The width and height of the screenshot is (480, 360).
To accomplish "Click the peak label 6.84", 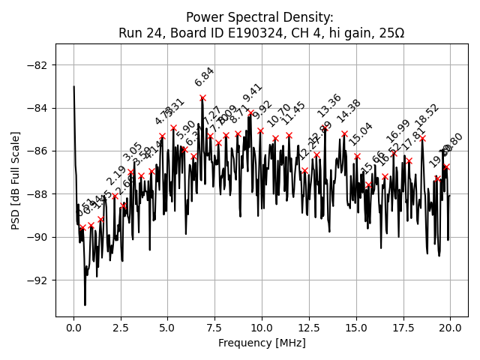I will (204, 76).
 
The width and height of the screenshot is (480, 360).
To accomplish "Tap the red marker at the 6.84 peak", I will (202, 97).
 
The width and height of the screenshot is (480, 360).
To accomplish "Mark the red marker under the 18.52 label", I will (422, 138).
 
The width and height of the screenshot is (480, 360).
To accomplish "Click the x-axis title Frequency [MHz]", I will (262, 343).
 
